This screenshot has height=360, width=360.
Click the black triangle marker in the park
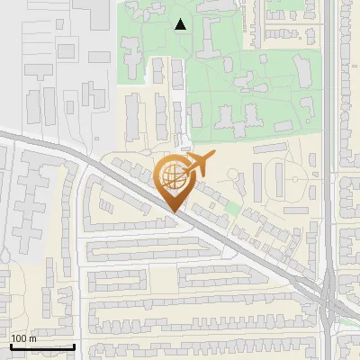pyautogui.click(x=181, y=24)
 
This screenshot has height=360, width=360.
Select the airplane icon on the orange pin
pyautogui.click(x=199, y=164)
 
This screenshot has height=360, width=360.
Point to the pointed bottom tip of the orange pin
pyautogui.click(x=172, y=211)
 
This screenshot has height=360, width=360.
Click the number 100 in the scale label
pyautogui.click(x=19, y=338)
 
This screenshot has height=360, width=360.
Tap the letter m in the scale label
pyautogui.click(x=32, y=338)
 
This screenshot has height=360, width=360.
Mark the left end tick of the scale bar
pyautogui.click(x=10, y=346)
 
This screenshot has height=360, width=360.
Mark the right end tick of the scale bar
pyautogui.click(x=74, y=346)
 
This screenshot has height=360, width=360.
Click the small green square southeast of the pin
pyautogui.click(x=232, y=208)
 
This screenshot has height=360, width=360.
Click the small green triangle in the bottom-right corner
pyautogui.click(x=346, y=319)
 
